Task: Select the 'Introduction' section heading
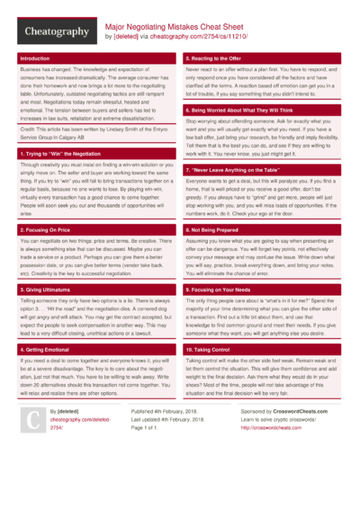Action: [x=35, y=58]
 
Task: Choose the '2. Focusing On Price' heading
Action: [x=46, y=230]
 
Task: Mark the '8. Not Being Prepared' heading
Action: [x=216, y=230]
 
